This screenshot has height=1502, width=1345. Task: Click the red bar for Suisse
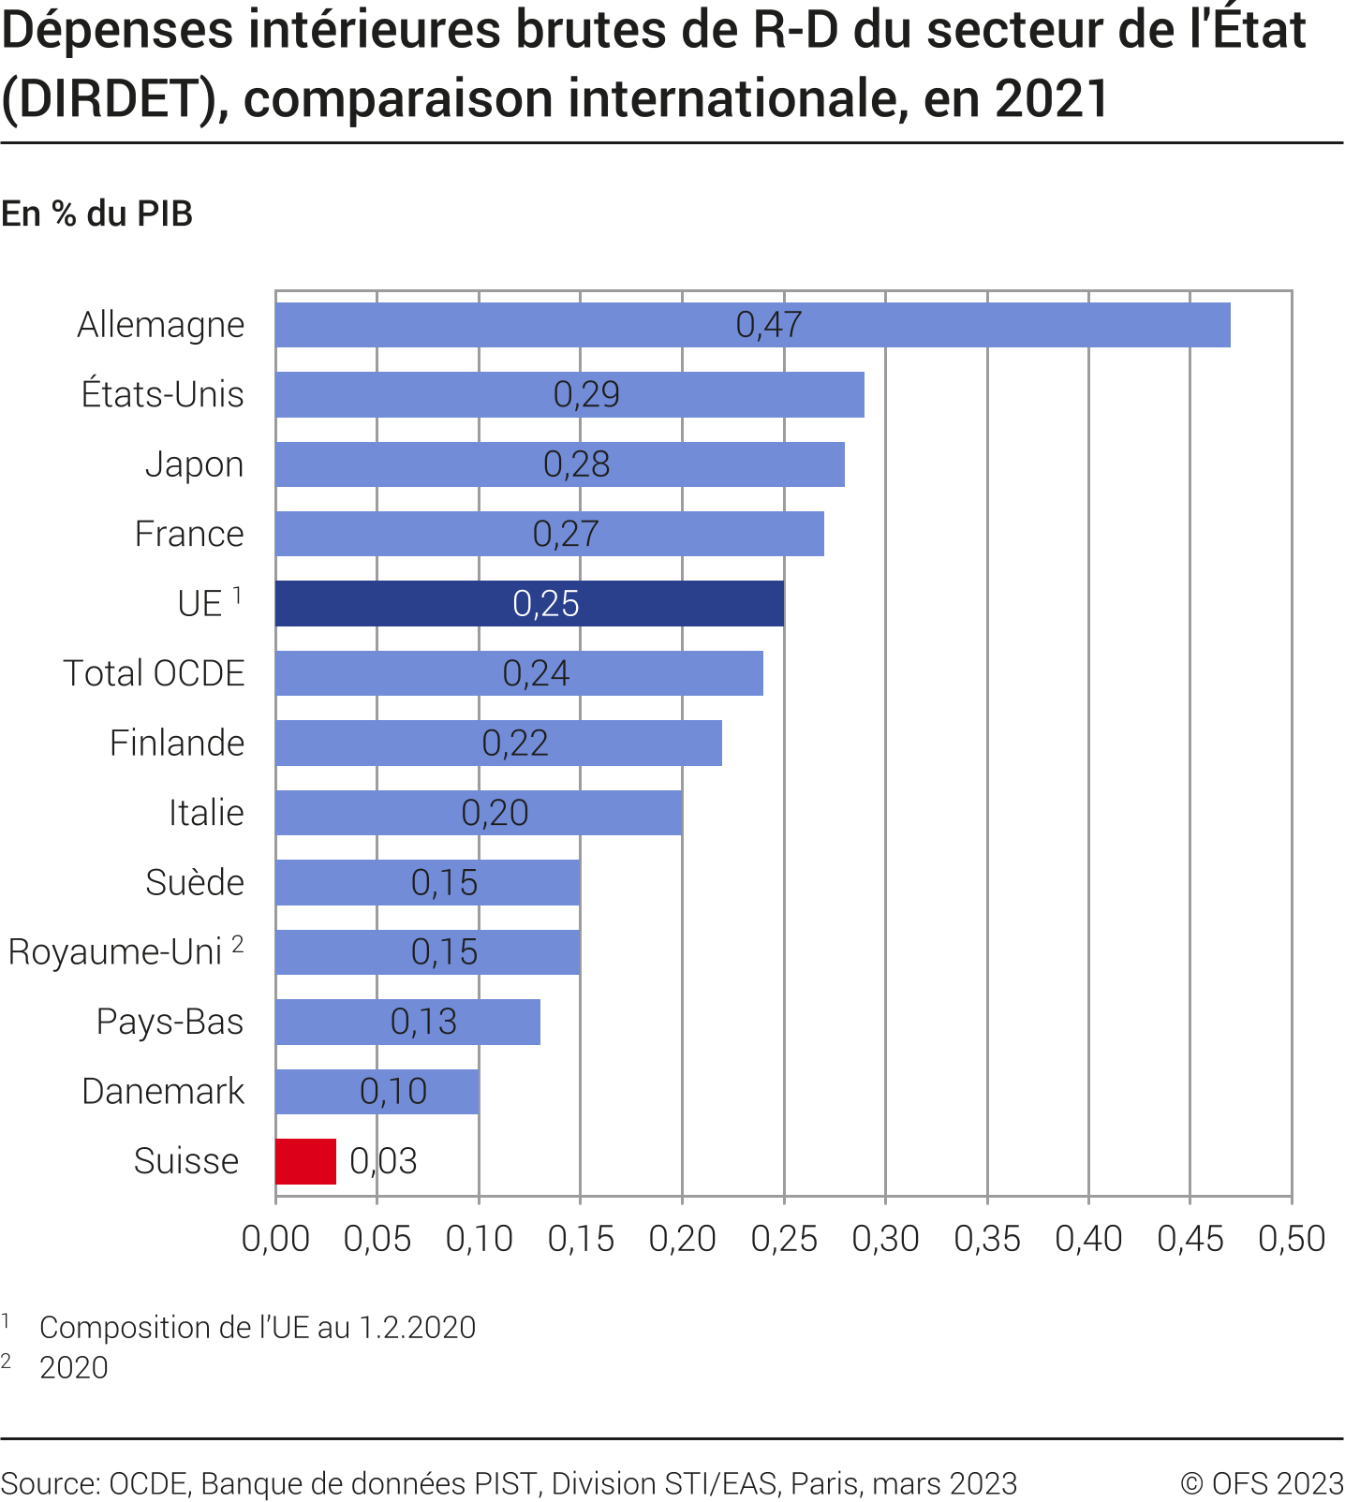(x=305, y=1161)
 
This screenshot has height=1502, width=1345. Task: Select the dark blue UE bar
(x=529, y=603)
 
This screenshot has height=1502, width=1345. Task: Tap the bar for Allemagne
(x=752, y=325)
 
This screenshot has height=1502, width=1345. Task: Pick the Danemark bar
(x=377, y=1092)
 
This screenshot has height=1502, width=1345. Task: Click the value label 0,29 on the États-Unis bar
(x=586, y=394)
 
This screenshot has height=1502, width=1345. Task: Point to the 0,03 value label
(x=383, y=1161)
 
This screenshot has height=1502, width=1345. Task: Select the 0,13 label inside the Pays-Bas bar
(x=423, y=1022)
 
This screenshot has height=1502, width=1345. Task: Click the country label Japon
(x=194, y=464)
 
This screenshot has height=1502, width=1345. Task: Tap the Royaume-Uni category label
(x=115, y=952)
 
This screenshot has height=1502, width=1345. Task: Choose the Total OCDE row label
(x=154, y=673)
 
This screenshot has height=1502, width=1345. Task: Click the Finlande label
(x=177, y=744)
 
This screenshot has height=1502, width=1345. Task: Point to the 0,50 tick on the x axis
(x=1292, y=1239)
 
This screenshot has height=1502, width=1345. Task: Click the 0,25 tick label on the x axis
(x=784, y=1239)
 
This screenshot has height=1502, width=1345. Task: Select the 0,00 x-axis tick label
(x=275, y=1239)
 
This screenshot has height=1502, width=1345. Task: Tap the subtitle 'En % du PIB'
(x=97, y=214)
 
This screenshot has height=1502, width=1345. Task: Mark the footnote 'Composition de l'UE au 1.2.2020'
(x=258, y=1327)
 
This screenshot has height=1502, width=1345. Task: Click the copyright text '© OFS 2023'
(x=1262, y=1483)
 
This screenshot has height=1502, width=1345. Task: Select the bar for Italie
(x=479, y=813)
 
